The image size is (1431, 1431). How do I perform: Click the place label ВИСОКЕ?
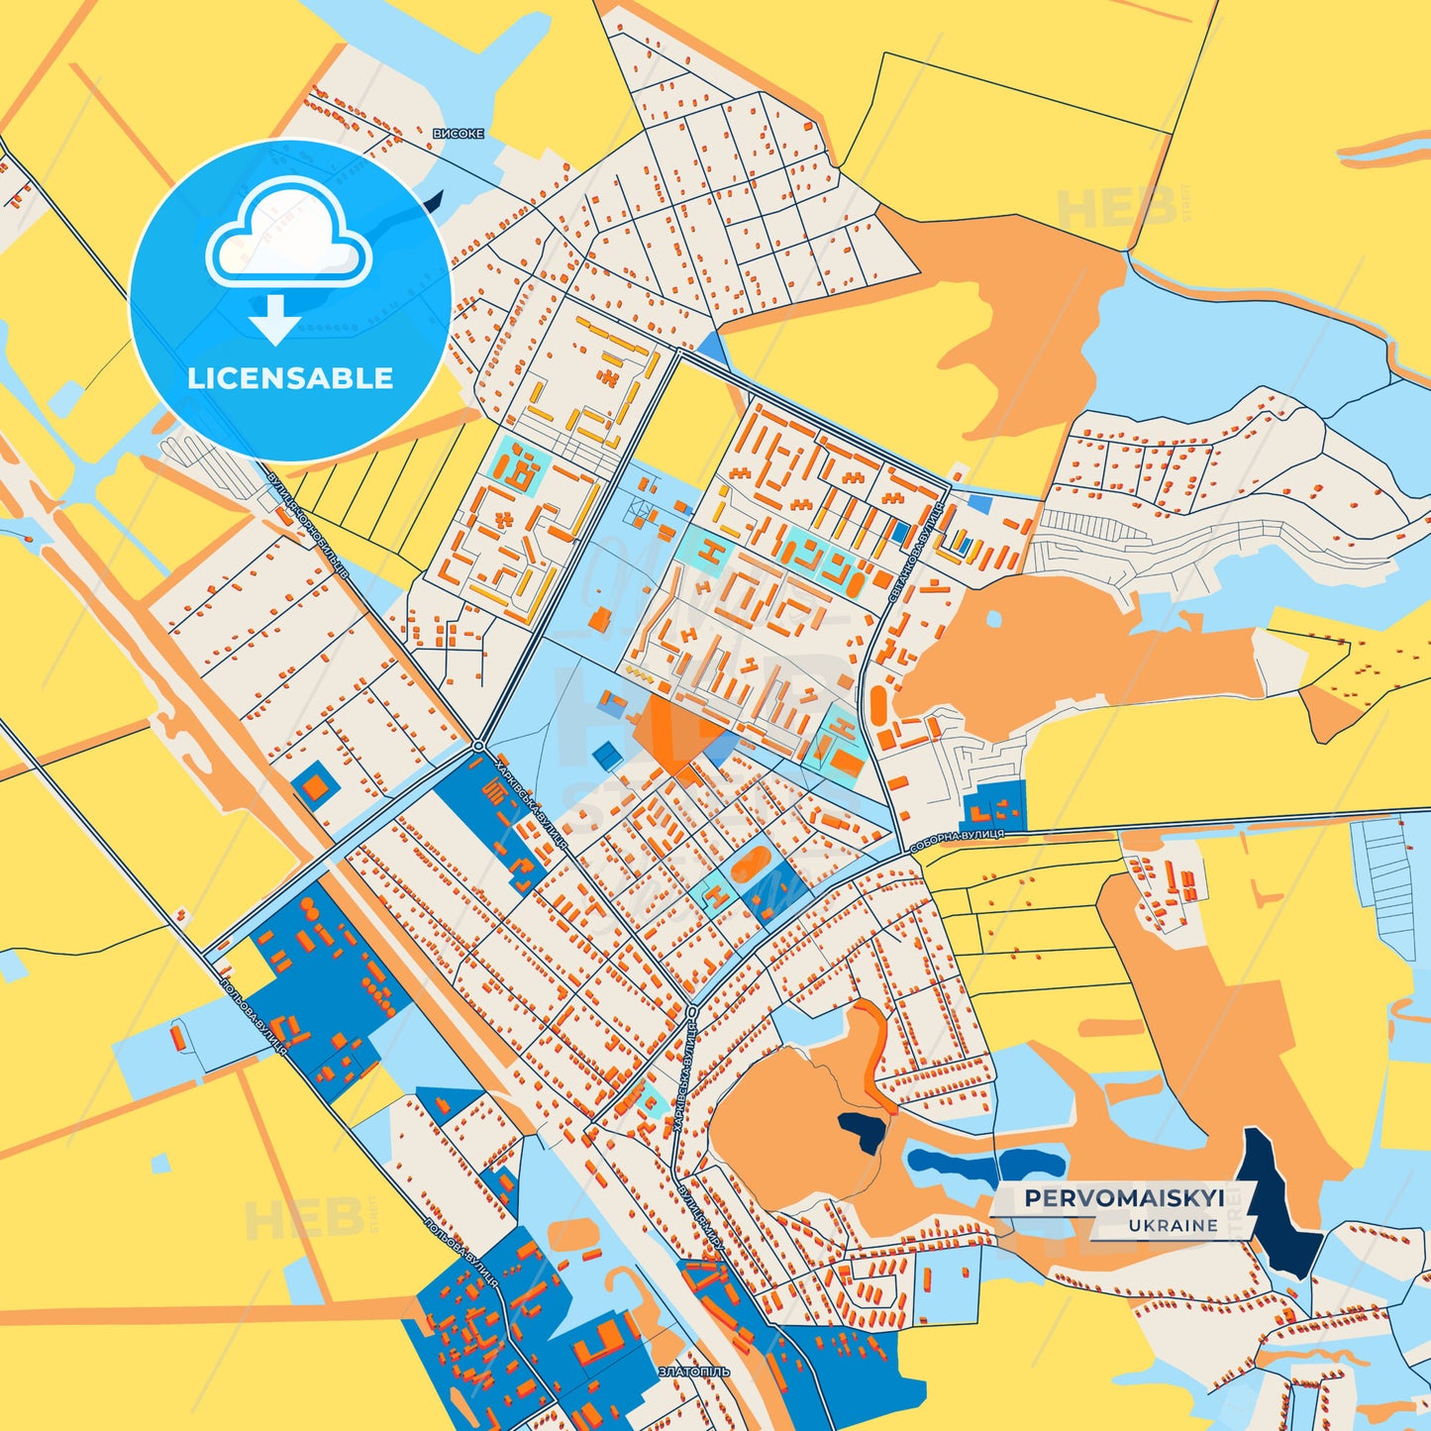point(459,133)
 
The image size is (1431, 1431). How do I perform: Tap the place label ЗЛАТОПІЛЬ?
point(693,1372)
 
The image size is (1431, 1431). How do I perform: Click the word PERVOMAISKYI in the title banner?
point(1124,1198)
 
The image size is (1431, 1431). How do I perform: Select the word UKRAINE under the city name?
point(1174,1226)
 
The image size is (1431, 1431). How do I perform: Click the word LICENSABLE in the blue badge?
point(290,378)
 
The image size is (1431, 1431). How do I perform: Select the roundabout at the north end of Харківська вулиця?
point(478,746)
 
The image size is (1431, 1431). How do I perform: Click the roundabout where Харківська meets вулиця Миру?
point(691,1011)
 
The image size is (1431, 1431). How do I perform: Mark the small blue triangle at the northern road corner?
point(711,347)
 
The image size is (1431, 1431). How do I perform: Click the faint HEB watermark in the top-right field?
point(1117,205)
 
